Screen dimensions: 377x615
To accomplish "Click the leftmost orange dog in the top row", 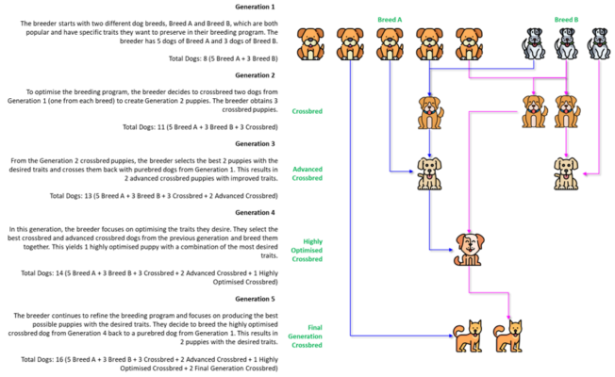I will coord(310,44).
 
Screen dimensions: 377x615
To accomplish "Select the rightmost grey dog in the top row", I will coord(599,44).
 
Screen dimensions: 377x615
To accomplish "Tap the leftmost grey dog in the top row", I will coord(535,44).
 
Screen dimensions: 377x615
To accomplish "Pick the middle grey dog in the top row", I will coord(566,44).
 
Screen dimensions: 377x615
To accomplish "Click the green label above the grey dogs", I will coord(566,19).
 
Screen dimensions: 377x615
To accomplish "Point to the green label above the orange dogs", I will coord(390,19).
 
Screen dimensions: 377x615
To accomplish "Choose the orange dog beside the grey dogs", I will coord(469,44).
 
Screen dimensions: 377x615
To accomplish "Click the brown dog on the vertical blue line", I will coord(429,112).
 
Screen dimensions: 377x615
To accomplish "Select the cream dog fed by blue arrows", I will coord(429,172).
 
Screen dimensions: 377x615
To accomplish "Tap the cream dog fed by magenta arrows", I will coord(566,172).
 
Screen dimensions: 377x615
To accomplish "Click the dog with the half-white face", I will coord(469,249).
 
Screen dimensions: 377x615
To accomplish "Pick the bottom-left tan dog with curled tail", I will coord(468,336).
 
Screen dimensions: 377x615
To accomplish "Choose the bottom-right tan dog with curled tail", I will coord(508,336).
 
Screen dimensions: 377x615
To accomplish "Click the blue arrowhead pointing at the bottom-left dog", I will coord(450,336).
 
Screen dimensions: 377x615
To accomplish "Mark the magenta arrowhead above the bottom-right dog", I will coord(508,317).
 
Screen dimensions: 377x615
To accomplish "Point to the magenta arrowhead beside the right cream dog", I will coord(585,172).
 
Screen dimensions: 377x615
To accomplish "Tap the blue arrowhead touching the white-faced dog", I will coord(450,249).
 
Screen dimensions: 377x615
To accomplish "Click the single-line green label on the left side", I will coord(307,111).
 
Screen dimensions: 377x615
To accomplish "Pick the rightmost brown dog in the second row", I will coord(566,112).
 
